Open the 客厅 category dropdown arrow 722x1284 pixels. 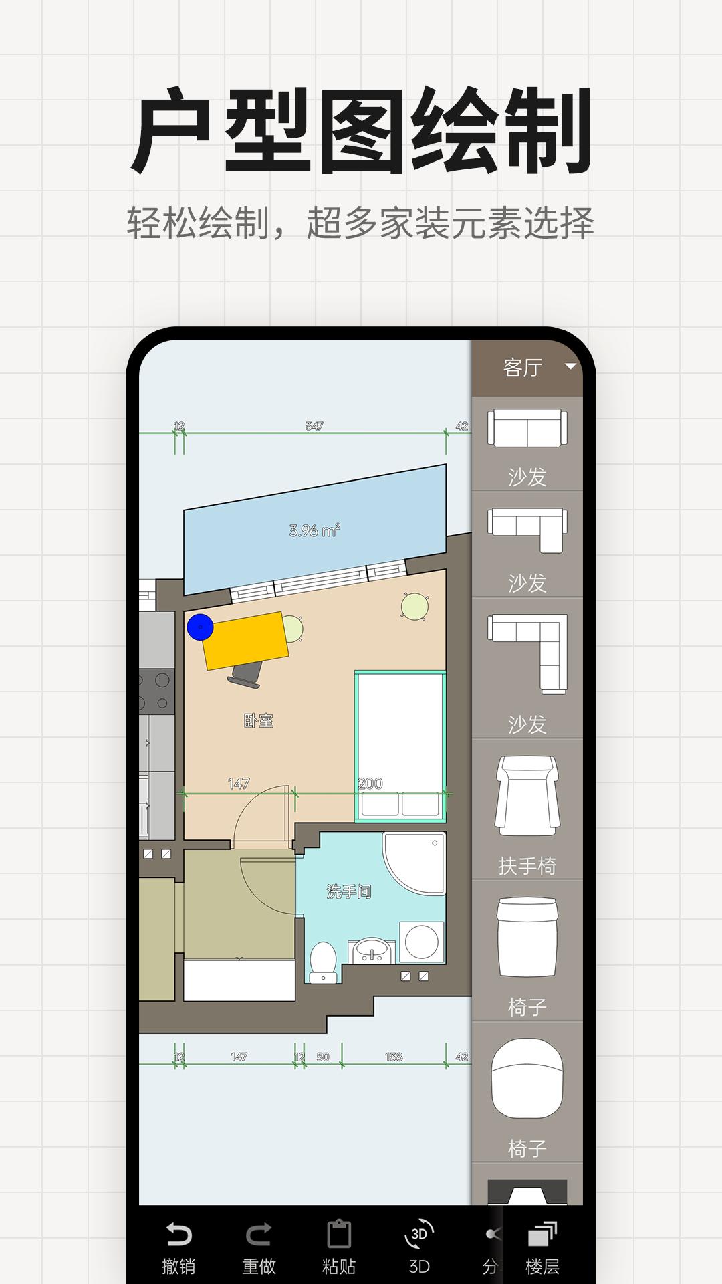tap(570, 366)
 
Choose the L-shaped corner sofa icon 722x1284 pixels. tap(528, 653)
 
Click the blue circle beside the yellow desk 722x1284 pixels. tap(200, 627)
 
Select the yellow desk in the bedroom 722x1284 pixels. tap(246, 641)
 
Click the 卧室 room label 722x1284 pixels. tap(259, 720)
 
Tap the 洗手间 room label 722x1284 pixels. tap(348, 891)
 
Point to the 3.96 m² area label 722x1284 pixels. tap(315, 531)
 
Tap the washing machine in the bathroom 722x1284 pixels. tap(422, 942)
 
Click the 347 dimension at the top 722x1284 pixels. tap(314, 426)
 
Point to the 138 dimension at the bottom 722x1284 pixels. tap(394, 1057)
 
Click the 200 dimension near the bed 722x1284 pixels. tap(370, 783)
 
